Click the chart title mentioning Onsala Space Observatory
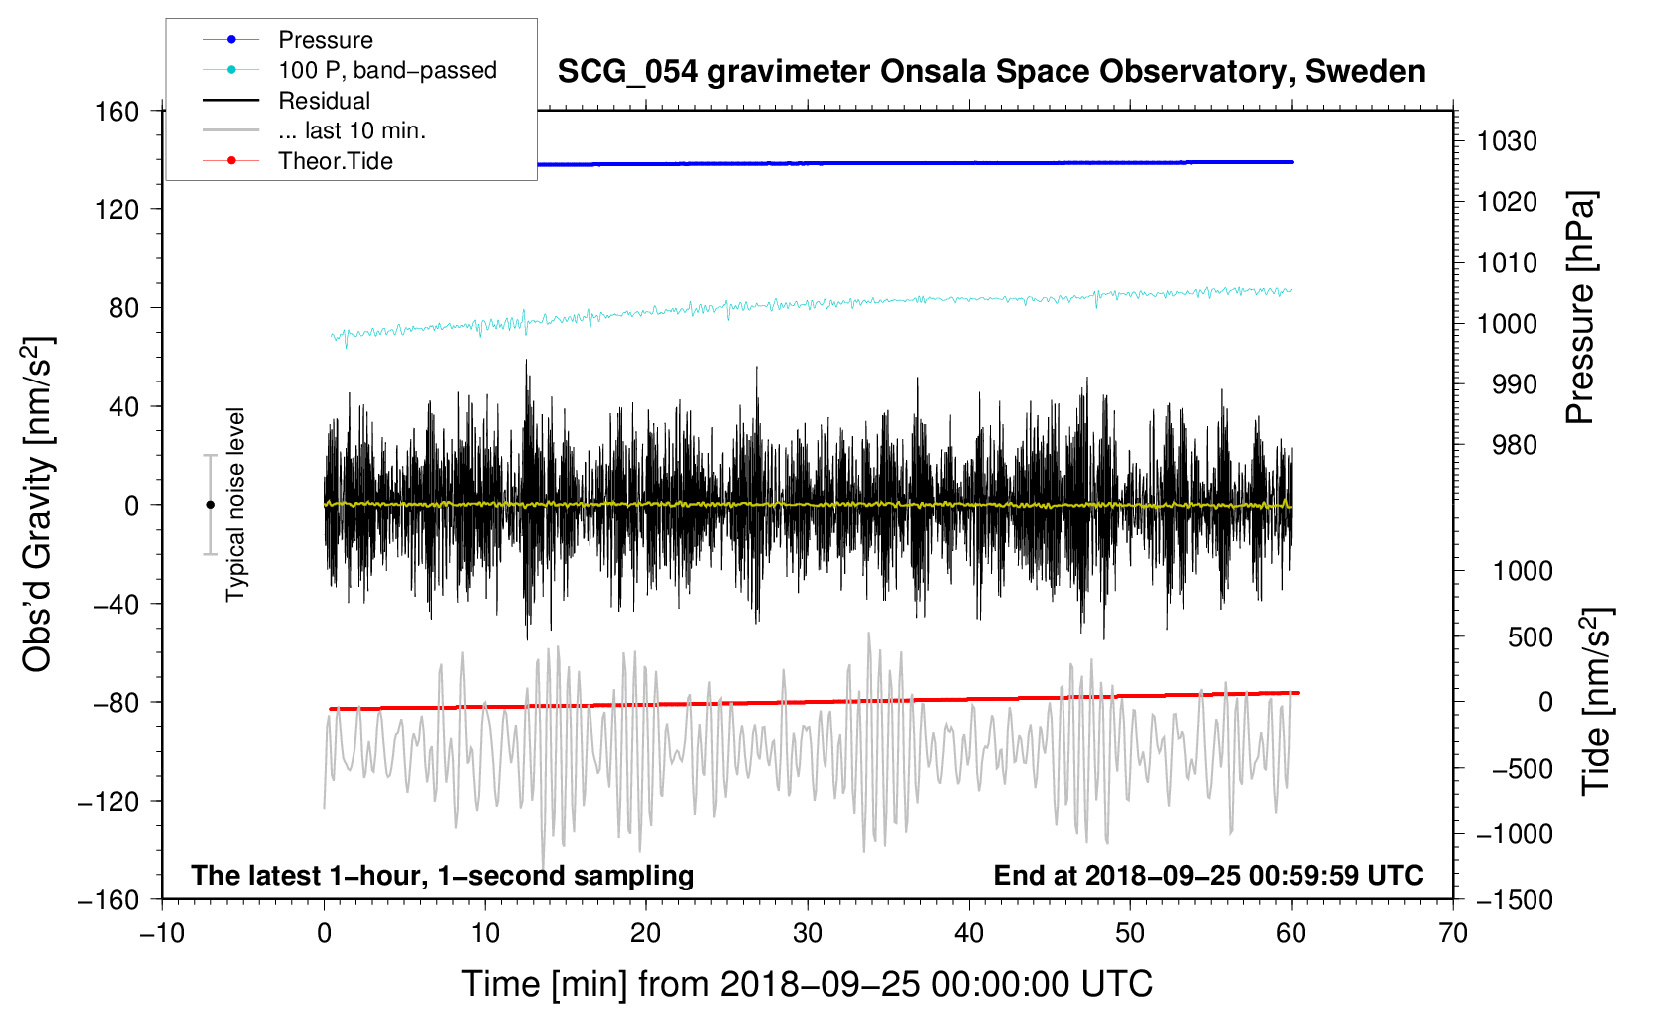click(991, 72)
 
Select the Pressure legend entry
click(325, 40)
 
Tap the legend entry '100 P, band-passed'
click(386, 70)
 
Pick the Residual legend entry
click(324, 101)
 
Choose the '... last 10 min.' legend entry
click(352, 130)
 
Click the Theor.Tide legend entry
click(335, 161)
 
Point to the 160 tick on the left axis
click(117, 111)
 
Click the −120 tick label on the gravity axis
click(109, 801)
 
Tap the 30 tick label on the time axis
click(807, 934)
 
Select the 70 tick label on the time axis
click(1452, 934)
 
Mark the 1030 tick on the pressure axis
click(1507, 141)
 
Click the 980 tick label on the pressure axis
click(1514, 445)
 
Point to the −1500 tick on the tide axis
click(1515, 899)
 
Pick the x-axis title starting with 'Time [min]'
click(807, 984)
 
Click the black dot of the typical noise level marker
click(210, 505)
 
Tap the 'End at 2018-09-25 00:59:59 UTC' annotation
click(1208, 875)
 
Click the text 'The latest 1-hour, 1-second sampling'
click(442, 875)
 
